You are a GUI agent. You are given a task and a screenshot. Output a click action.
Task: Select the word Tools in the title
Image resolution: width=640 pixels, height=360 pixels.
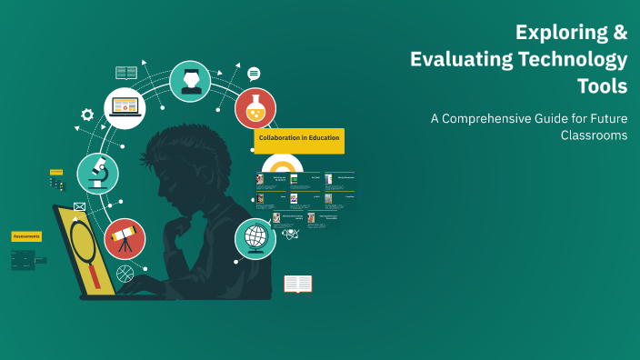(x=602, y=86)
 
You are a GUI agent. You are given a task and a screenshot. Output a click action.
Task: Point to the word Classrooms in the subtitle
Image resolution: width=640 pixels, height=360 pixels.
(x=594, y=135)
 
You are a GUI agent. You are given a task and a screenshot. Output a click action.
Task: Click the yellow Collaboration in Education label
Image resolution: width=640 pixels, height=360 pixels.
(x=299, y=138)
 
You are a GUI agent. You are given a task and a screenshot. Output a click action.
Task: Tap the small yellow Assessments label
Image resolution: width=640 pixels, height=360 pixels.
(x=26, y=236)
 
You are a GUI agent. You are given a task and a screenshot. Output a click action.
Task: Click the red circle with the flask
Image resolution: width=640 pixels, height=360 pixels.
(x=255, y=108)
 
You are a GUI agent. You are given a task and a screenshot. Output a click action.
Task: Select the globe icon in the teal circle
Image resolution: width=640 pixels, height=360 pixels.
(x=255, y=238)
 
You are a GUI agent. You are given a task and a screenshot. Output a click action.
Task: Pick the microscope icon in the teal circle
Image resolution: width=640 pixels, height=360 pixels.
(x=97, y=174)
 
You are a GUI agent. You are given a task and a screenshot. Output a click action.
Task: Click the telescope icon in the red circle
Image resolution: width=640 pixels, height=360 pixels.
(x=125, y=239)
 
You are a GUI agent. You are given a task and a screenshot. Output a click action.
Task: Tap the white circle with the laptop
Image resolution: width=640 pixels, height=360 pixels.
(x=125, y=107)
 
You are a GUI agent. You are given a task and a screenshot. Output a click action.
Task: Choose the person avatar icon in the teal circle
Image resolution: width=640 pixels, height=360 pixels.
(x=190, y=81)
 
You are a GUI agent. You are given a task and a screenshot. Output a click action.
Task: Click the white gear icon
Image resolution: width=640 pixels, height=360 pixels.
(x=87, y=115)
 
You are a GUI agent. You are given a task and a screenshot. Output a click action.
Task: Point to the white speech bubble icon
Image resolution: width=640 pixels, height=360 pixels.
(x=254, y=74)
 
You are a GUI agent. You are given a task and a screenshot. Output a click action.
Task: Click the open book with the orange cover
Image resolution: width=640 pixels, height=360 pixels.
(x=297, y=284)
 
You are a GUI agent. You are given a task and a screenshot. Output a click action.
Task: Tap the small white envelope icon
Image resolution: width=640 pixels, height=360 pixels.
(x=79, y=207)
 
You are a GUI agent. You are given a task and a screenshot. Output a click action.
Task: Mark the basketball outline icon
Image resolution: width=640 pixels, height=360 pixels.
(x=125, y=272)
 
